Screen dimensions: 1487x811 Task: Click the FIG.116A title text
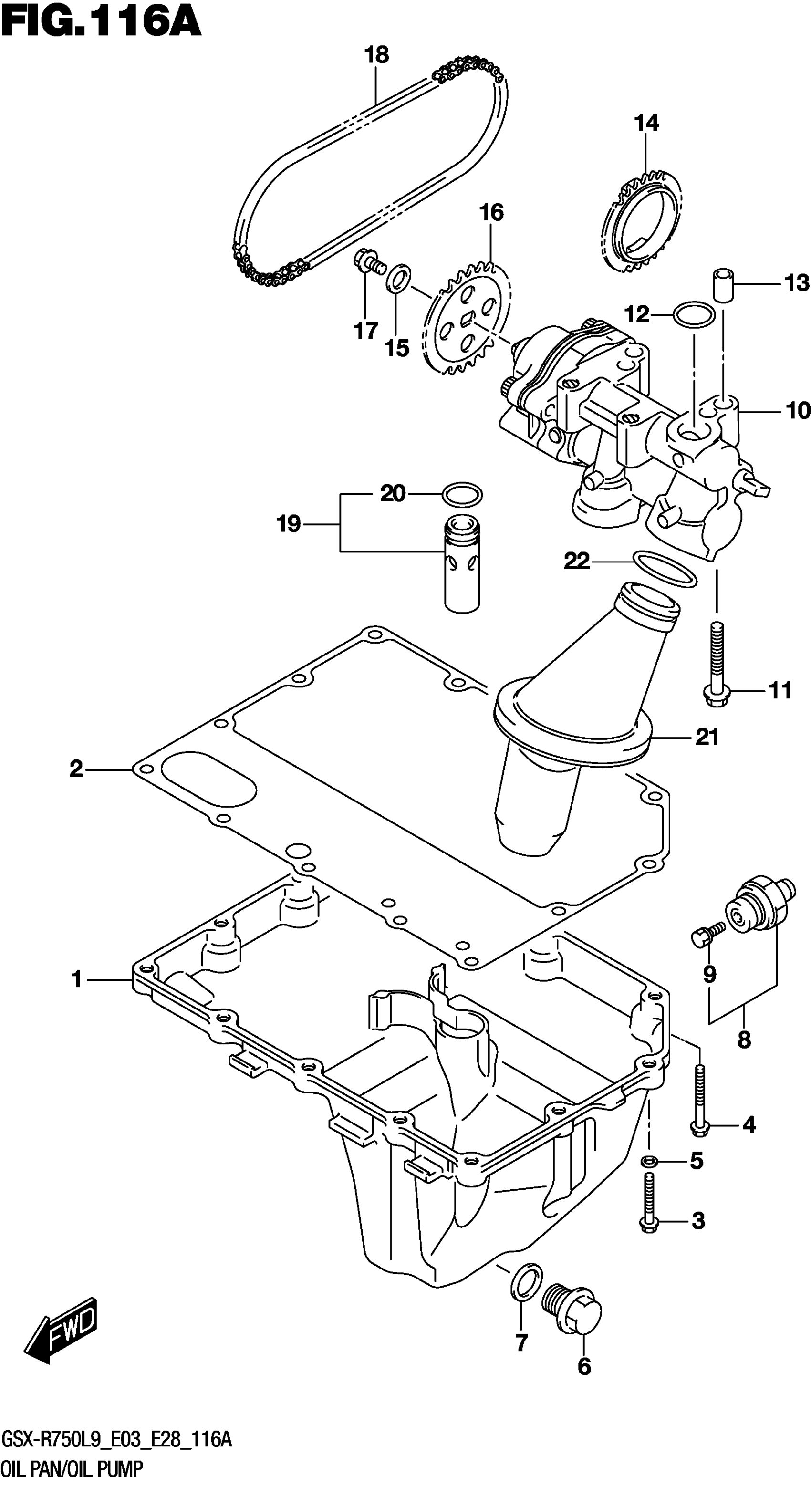101,23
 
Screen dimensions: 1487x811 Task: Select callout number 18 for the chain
376,55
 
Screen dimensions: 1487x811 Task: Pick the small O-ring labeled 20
462,495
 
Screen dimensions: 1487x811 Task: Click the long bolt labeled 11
716,664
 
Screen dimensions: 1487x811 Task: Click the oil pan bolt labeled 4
699,1097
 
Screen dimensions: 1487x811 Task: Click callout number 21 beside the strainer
707,737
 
